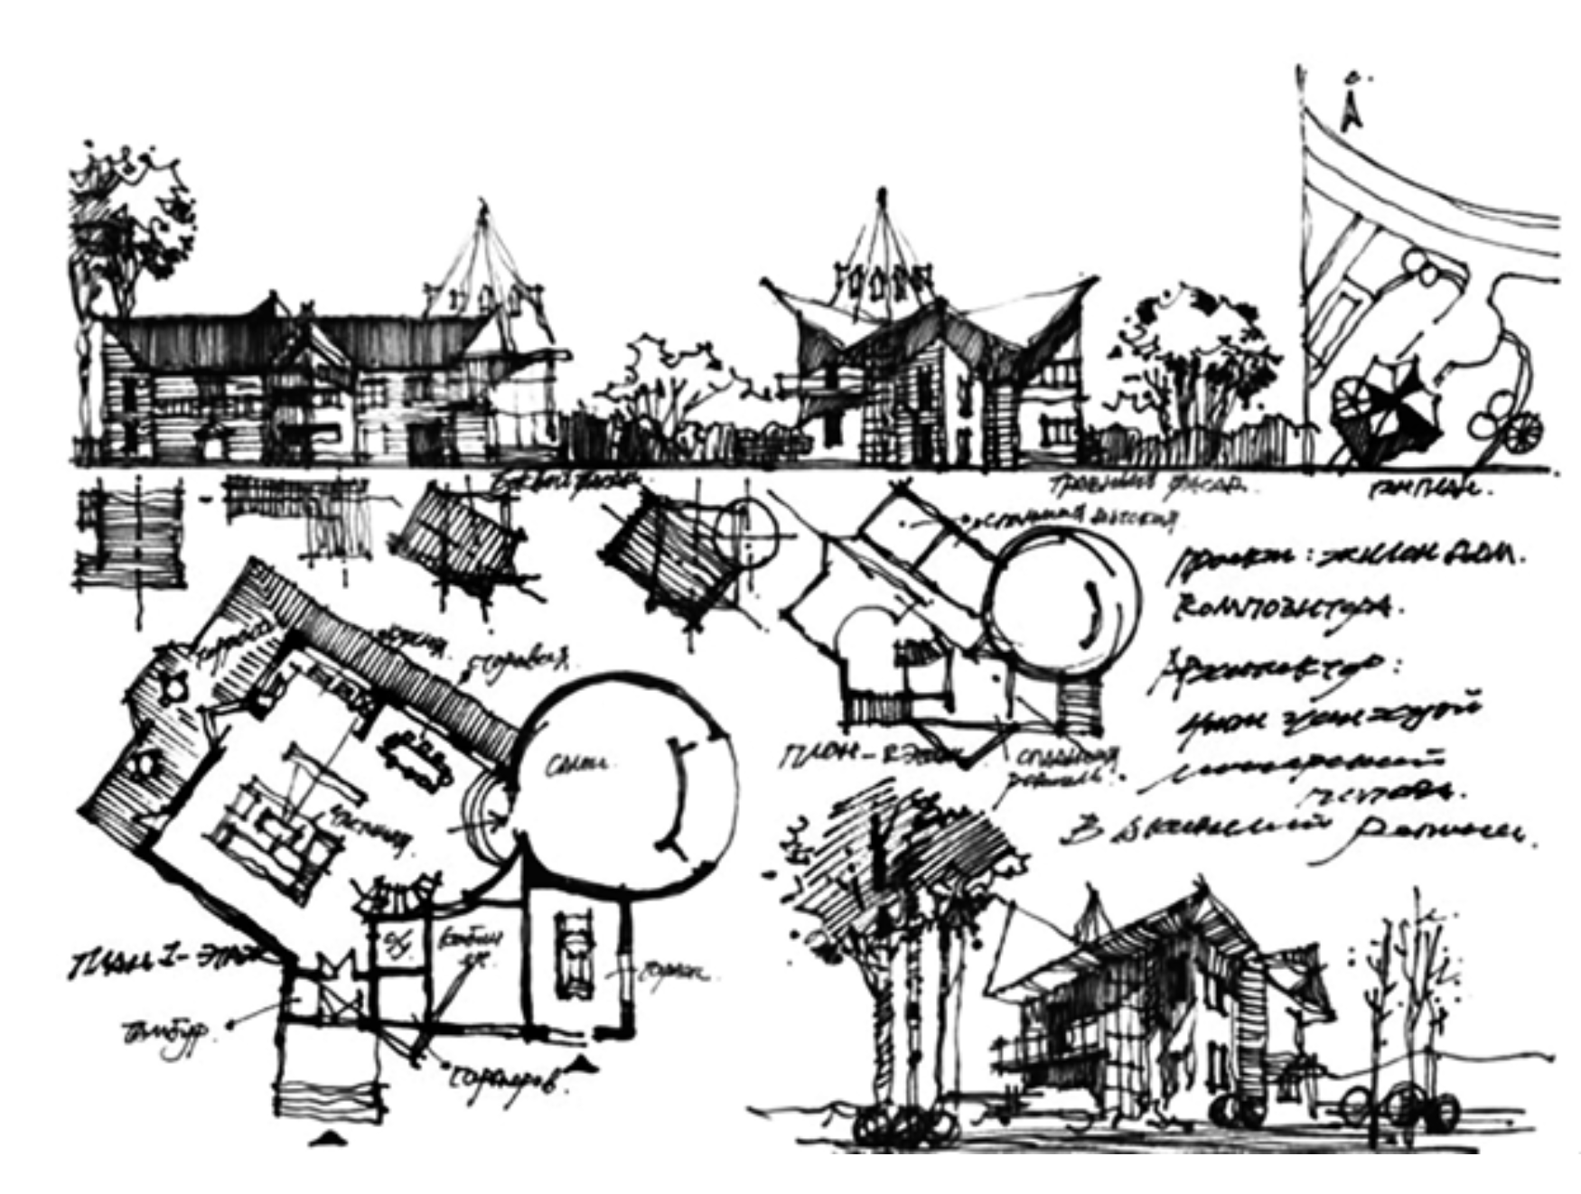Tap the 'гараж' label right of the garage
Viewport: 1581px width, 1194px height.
pos(673,974)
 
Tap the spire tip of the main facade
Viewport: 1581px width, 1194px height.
pos(880,193)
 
